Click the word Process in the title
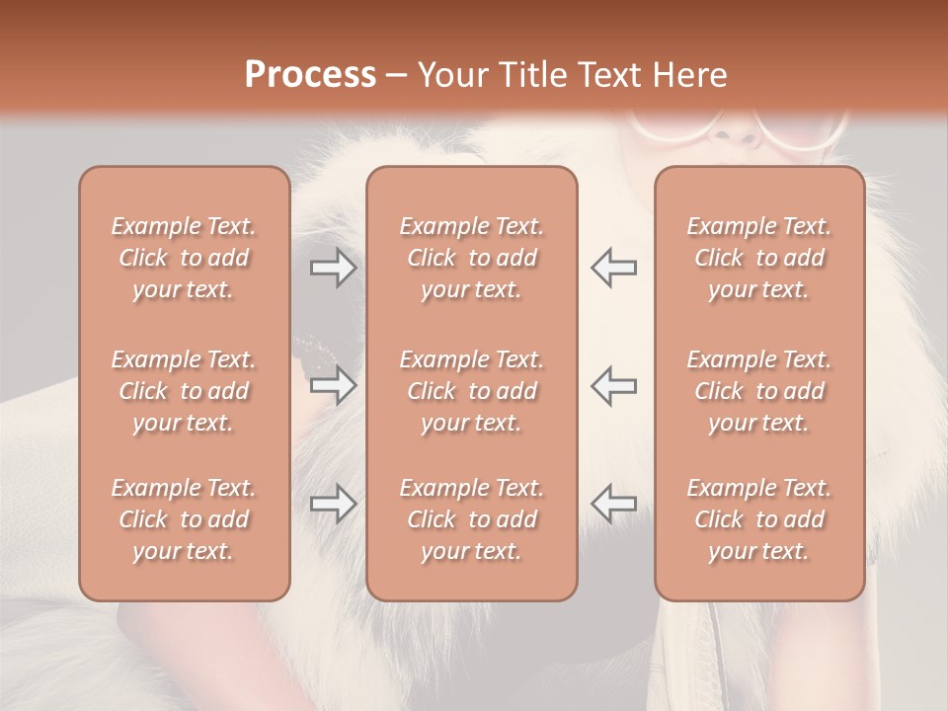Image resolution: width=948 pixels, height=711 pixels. pos(310,75)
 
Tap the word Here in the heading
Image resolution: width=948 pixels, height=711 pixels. pos(688,75)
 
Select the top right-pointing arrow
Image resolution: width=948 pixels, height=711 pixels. pos(334,267)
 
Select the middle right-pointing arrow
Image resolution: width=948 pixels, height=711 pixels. pos(334,385)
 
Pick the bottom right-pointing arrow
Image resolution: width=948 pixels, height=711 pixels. pos(334,505)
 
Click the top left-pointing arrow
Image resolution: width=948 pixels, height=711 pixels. pos(613,267)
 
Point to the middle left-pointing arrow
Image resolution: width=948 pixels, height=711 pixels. pos(613,385)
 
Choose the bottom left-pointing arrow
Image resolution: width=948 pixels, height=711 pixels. pos(613,505)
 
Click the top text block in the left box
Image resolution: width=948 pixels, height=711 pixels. pos(184,258)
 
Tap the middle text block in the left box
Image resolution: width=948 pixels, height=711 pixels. pos(184,391)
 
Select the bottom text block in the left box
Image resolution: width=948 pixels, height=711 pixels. pos(184,519)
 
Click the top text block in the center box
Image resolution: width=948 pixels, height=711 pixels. pos(471,258)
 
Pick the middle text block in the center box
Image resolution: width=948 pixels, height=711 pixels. pos(471,391)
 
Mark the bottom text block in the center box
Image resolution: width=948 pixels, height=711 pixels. pos(471,519)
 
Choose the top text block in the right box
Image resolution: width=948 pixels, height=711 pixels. pos(758,258)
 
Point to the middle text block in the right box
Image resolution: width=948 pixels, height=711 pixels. pos(758,391)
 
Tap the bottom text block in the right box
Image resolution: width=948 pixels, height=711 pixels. pos(758,519)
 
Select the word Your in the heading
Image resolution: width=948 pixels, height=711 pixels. pos(451,75)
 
